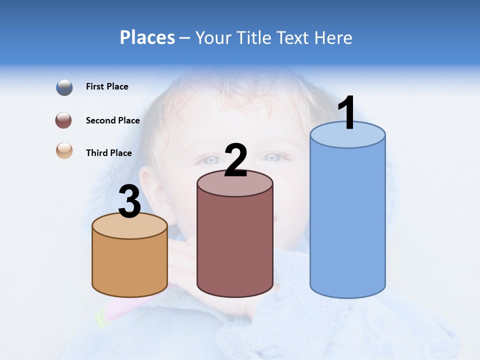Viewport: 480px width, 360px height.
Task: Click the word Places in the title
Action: click(147, 37)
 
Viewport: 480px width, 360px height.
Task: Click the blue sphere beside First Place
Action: click(64, 87)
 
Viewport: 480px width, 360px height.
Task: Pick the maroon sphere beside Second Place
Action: click(64, 120)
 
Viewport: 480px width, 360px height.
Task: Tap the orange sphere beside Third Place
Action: click(64, 151)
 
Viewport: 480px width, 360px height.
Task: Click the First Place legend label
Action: click(107, 86)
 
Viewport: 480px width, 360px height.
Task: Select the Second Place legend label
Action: click(112, 120)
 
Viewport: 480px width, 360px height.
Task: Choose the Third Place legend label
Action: click(108, 153)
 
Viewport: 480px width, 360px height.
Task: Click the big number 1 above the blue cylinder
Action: click(347, 113)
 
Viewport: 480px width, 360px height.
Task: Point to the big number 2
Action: click(236, 160)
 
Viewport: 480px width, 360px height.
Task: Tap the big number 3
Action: click(129, 201)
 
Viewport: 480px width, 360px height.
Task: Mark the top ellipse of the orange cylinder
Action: click(130, 226)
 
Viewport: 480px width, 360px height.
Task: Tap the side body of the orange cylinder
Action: click(130, 265)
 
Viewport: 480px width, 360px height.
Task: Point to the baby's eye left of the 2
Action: click(211, 160)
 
